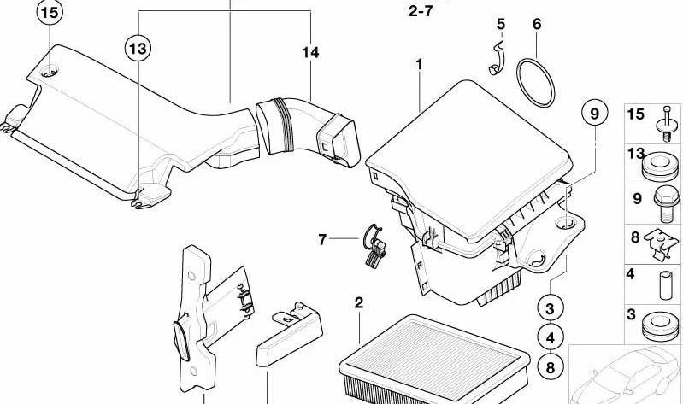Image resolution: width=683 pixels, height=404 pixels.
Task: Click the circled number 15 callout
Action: (x=50, y=15)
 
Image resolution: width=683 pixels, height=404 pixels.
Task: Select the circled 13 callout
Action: (x=137, y=49)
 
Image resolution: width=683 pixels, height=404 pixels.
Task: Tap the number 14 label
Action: (x=309, y=53)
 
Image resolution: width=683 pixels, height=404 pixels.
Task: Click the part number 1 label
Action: (x=420, y=65)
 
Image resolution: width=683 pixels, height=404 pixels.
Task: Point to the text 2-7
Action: (x=421, y=13)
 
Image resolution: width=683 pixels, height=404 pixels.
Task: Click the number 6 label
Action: (x=536, y=24)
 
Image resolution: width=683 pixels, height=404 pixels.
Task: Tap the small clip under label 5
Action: (x=497, y=58)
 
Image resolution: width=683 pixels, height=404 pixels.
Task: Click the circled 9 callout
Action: (x=592, y=113)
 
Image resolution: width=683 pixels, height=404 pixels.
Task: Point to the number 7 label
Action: (x=323, y=240)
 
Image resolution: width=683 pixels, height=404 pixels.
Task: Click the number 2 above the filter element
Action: (x=359, y=303)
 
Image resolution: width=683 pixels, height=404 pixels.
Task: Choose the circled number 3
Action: (x=551, y=308)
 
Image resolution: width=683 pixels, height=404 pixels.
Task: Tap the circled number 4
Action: (x=551, y=337)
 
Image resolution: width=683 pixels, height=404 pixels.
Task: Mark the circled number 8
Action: (x=551, y=367)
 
